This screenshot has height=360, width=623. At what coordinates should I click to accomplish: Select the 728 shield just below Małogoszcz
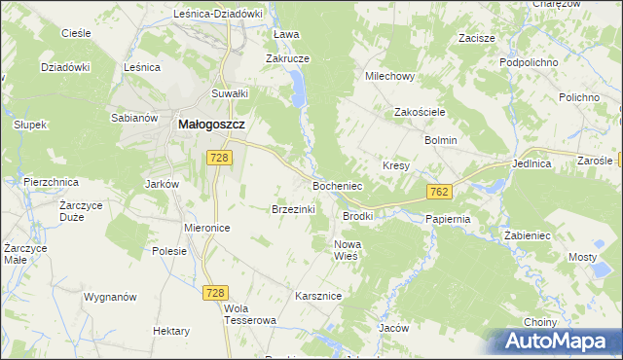tap(218, 158)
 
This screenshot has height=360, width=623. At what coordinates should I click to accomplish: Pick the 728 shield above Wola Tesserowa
tap(215, 291)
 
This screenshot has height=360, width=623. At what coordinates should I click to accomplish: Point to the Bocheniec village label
tap(337, 184)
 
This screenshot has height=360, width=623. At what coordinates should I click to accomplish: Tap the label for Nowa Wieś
tap(347, 249)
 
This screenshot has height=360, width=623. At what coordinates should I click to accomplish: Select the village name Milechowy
tap(389, 75)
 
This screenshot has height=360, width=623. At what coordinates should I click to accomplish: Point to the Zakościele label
tap(420, 112)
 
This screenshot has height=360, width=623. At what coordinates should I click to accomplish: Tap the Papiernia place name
tap(448, 219)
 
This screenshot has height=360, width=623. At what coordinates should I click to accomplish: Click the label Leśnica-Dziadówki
tap(218, 14)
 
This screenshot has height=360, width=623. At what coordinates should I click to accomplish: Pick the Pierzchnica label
tap(50, 182)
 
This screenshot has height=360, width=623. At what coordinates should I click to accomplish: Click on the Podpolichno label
tap(527, 61)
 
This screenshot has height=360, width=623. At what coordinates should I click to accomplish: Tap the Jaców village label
tap(393, 328)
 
